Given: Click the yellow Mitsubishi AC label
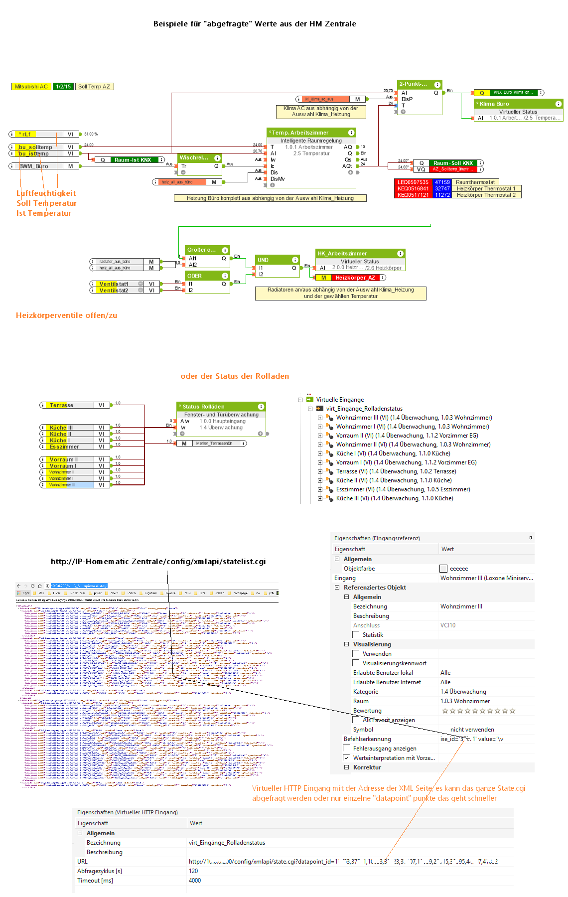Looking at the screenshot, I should coord(31,87).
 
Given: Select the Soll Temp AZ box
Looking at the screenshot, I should coord(94,87).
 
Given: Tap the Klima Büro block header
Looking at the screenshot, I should coord(518,104).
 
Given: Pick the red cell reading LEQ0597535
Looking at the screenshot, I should coord(413,182).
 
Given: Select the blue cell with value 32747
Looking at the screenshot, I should coord(442,189).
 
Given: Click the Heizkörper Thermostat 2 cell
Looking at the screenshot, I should coord(486,195).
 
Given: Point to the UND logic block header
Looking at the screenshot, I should coord(277,260).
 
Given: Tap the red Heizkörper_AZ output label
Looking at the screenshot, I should coord(355,278).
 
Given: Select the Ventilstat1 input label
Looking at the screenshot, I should coord(114,284).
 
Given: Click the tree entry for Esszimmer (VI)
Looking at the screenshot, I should coord(403,489).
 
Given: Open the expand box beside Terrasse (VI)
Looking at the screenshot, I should coord(320,471).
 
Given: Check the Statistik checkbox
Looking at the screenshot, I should coord(356,634).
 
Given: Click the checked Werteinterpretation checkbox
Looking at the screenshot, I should coord(346,757).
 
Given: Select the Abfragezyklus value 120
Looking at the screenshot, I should coord(193,871).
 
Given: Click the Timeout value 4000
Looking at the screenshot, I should coord(195,881).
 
